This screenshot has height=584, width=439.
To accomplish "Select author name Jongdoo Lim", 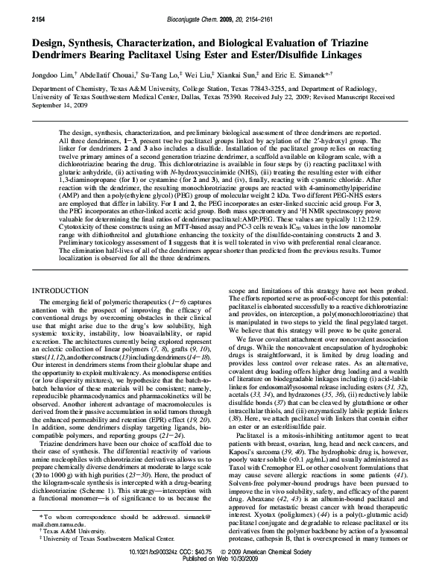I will coord(50,75).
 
